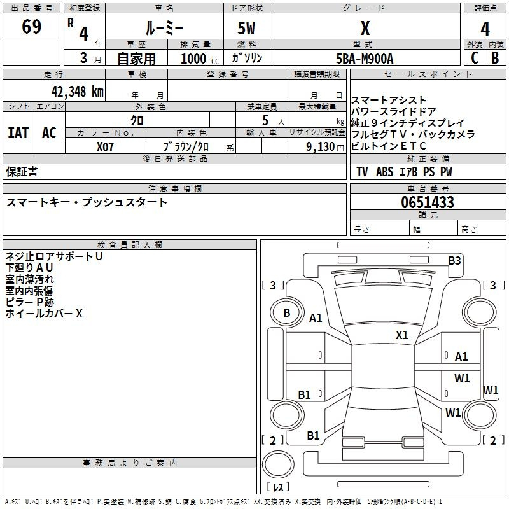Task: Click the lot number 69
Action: (31, 26)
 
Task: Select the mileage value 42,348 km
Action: (78, 91)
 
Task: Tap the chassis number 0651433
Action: (428, 202)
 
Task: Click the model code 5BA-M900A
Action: (365, 59)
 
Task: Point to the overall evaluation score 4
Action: (485, 29)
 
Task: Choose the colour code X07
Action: (105, 147)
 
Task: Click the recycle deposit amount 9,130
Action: (321, 147)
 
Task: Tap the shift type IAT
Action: (18, 133)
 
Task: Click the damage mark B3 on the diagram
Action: (454, 261)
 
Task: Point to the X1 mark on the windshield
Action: (401, 335)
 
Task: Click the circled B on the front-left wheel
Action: (287, 313)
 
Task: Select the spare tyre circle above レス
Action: (278, 464)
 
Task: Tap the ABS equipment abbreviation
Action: (385, 172)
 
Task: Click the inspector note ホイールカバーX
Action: (44, 314)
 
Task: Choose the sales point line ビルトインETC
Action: (388, 146)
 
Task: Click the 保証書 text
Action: (22, 171)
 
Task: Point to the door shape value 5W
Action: (246, 28)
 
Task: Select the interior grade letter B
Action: (495, 58)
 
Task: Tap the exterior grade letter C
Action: (475, 58)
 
